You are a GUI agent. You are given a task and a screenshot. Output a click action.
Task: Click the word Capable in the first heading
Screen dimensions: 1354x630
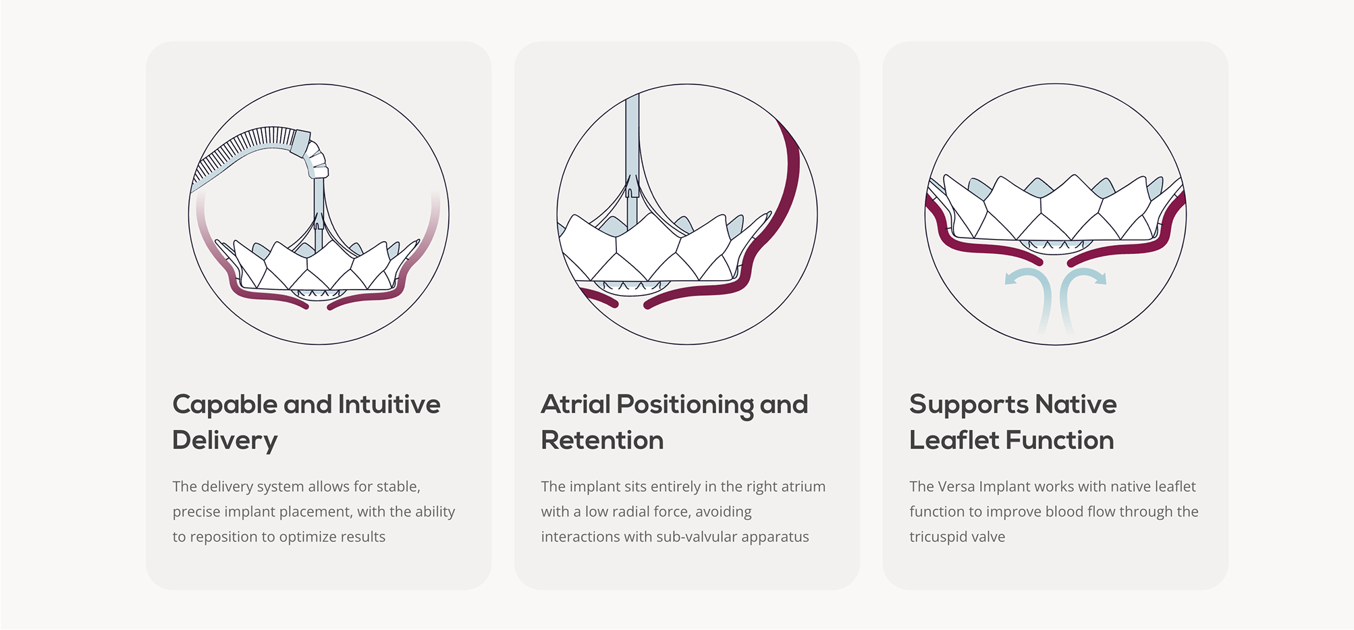point(225,405)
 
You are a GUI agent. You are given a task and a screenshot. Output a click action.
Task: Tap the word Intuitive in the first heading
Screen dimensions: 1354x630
point(389,404)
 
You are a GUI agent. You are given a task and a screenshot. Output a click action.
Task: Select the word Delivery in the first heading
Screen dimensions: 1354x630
point(225,441)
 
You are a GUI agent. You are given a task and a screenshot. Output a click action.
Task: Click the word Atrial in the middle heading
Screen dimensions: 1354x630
point(576,404)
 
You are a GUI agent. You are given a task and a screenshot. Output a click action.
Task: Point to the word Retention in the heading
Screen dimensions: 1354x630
point(602,440)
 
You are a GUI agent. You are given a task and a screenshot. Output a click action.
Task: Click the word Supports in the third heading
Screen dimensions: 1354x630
point(969,405)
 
